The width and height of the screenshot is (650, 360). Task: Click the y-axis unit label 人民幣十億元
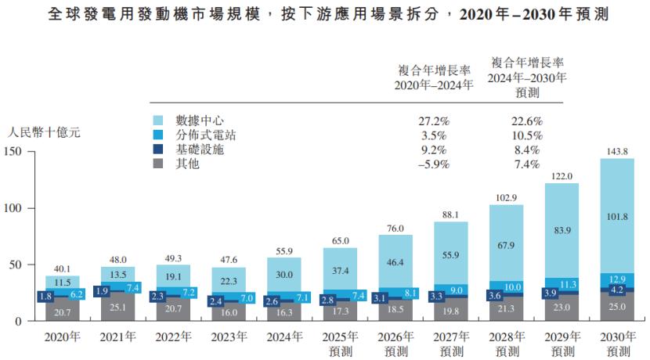point(43,132)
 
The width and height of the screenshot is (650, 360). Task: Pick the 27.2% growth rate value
point(434,121)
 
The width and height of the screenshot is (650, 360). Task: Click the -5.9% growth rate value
point(434,164)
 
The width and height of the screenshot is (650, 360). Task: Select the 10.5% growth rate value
point(526,135)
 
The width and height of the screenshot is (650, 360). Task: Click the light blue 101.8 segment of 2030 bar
point(616,216)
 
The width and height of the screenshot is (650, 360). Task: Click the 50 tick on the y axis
point(17,265)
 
